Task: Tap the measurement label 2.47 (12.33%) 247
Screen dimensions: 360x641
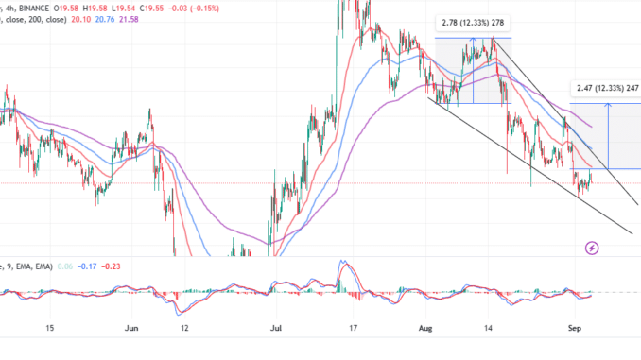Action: click(x=605, y=88)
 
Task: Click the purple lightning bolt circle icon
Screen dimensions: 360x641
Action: click(x=592, y=249)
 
